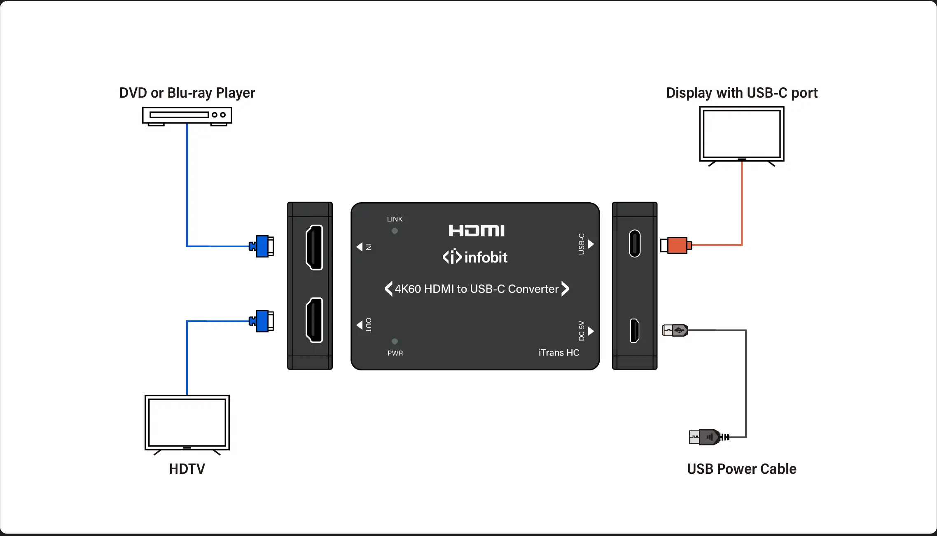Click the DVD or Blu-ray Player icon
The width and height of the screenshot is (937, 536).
187,115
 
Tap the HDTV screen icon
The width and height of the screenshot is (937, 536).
187,423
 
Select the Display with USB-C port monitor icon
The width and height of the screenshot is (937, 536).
741,134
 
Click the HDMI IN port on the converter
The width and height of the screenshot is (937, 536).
314,247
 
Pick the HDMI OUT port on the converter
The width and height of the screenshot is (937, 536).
314,320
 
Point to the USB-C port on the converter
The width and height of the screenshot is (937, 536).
635,243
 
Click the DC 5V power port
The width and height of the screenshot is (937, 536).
635,330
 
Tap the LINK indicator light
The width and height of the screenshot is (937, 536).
395,231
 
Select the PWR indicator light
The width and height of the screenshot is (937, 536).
395,342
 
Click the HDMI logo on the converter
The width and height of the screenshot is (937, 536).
477,231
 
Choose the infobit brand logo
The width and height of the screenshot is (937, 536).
475,257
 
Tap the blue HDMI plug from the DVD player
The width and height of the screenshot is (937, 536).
262,246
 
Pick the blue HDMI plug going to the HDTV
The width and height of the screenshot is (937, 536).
262,321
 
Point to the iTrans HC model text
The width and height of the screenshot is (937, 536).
558,353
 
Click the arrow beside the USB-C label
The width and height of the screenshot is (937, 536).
591,244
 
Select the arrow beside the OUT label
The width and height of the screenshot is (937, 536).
360,325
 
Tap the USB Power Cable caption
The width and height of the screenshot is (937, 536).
741,469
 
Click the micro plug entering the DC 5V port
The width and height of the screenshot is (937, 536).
675,330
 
